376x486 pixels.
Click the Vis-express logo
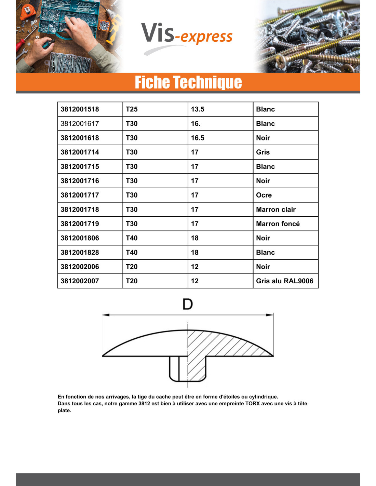click(x=187, y=36)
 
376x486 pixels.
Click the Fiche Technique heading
click(x=188, y=82)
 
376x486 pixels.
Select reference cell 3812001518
click(x=80, y=109)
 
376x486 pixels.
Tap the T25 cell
click(x=132, y=109)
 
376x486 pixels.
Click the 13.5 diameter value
click(x=198, y=109)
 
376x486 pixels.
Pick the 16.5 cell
click(x=198, y=138)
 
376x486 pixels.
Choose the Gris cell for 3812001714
click(x=263, y=152)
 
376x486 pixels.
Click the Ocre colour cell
click(x=264, y=195)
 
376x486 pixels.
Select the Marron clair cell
click(x=276, y=210)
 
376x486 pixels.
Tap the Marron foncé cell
click(x=278, y=224)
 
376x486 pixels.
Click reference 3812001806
click(x=80, y=238)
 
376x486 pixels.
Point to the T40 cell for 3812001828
click(x=132, y=253)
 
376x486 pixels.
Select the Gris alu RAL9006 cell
click(x=285, y=281)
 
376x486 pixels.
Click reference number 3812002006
click(x=80, y=267)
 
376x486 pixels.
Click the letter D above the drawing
click(x=188, y=304)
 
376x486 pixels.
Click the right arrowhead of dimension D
click(x=270, y=315)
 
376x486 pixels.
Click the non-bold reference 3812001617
click(x=80, y=124)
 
